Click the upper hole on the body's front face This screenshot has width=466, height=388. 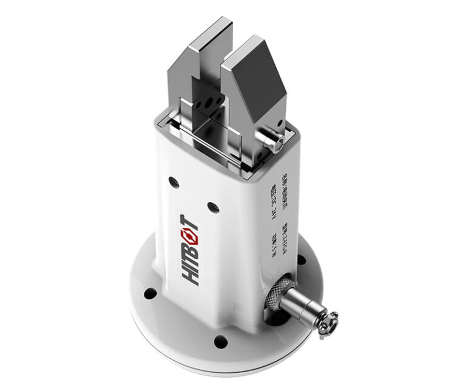tap(174, 181)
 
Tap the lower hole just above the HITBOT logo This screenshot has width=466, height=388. tap(212, 207)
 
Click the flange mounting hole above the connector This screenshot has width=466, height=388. tap(301, 259)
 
